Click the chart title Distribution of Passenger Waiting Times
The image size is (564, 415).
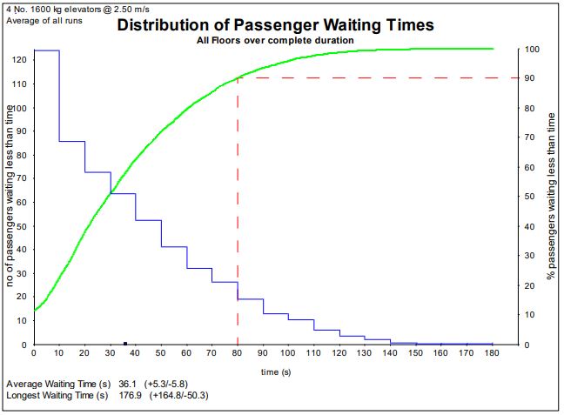275,24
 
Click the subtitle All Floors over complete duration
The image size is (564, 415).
275,41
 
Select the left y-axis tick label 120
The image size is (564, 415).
19,61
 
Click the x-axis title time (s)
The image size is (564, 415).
276,371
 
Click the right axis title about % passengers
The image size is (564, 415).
550,197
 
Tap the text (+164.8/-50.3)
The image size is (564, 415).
177,396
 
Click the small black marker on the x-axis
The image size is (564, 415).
125,343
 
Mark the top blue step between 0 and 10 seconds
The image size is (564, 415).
46,50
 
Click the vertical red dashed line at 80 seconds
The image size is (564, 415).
238,218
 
